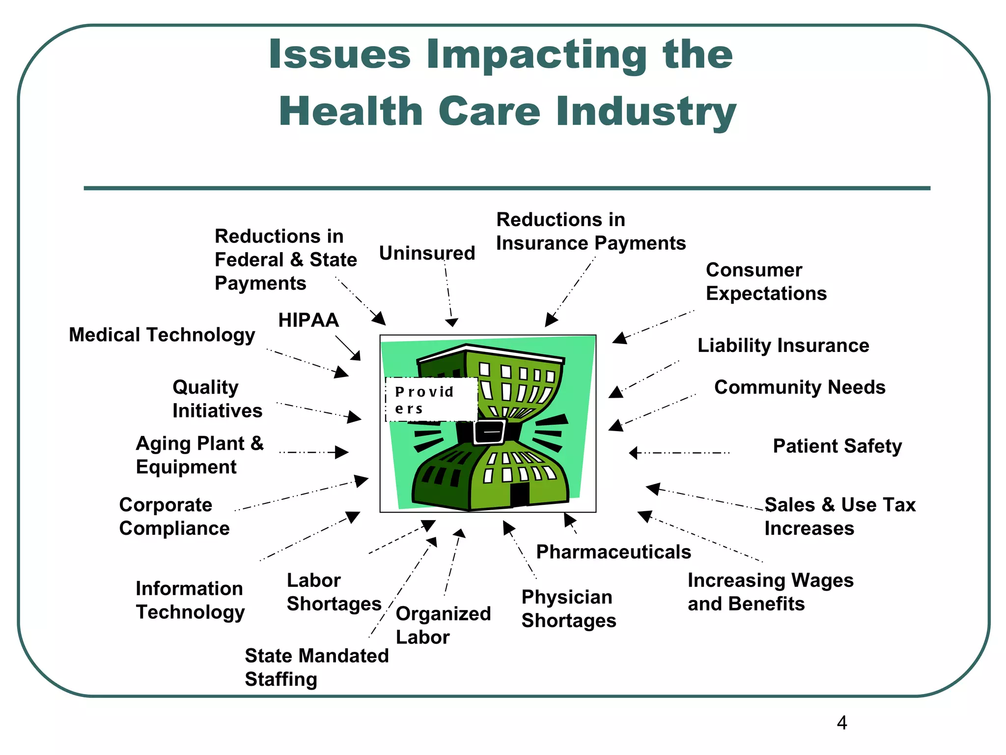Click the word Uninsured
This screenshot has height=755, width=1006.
tap(427, 253)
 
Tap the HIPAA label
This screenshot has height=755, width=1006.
tap(308, 320)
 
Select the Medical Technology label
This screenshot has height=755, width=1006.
tap(162, 335)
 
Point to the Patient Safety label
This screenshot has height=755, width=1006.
tap(837, 446)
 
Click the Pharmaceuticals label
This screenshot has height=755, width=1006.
tap(614, 552)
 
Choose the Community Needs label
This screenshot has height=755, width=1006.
tap(800, 387)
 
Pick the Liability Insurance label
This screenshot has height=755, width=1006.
tap(783, 345)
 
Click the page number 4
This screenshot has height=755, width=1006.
tap(842, 723)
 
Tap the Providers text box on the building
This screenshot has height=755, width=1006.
tap(431, 400)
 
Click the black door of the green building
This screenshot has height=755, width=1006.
tap(519, 494)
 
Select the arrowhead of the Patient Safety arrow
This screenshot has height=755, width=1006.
tap(634, 453)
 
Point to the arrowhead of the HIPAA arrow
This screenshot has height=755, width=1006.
tap(356, 356)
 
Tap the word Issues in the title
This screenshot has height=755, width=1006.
tap(339, 54)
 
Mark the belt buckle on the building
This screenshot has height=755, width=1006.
tap(490, 432)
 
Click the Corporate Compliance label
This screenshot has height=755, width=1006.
tap(174, 517)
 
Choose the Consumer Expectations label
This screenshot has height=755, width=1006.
tap(766, 282)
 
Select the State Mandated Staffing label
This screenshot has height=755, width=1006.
tap(316, 667)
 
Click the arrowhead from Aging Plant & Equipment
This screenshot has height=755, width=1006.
tap(342, 452)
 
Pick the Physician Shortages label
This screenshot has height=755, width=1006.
tap(568, 609)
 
